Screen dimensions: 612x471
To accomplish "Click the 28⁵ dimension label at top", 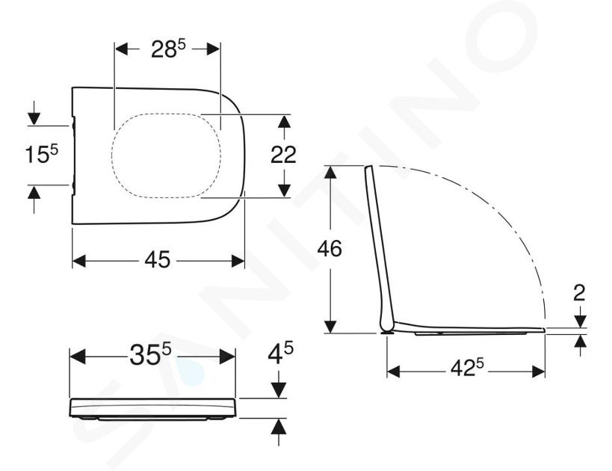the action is (168, 49).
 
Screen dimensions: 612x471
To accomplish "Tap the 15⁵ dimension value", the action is (41, 153).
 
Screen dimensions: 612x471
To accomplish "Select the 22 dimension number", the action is (283, 154).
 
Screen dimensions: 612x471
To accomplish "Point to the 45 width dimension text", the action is (158, 259).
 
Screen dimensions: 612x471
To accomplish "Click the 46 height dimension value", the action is (330, 248).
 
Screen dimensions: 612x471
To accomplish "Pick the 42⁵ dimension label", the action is (467, 368).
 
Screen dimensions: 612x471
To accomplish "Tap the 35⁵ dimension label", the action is (150, 355).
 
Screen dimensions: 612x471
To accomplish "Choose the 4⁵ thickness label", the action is (280, 353).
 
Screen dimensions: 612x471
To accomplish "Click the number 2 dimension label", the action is (579, 293).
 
